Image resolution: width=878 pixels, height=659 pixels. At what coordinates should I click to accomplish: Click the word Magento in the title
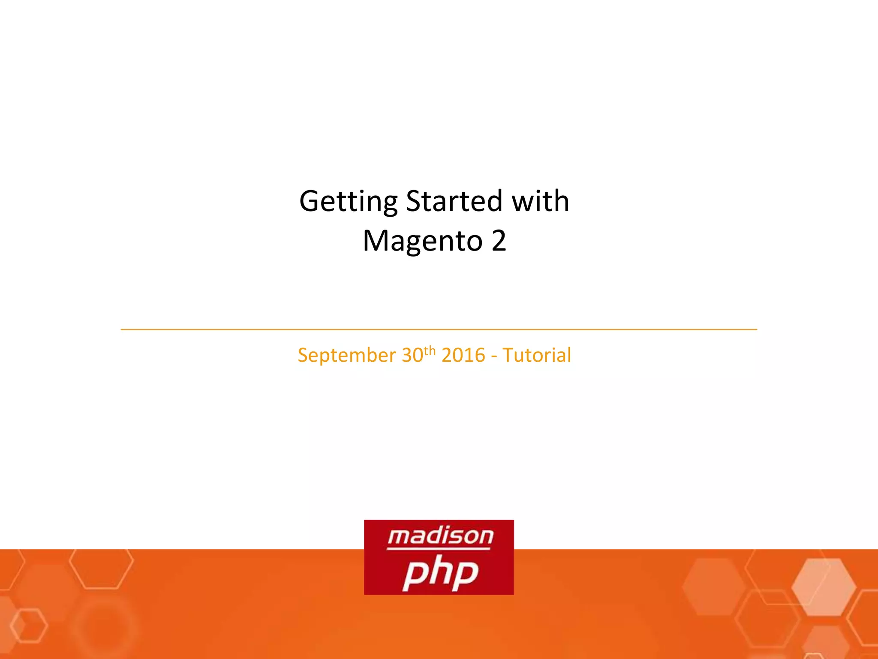(x=422, y=241)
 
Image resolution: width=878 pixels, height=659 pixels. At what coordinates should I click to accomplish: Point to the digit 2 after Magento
(x=499, y=241)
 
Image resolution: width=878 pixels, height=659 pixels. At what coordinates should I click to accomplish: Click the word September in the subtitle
(x=347, y=356)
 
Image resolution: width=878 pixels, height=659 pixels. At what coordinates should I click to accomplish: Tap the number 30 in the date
(x=412, y=355)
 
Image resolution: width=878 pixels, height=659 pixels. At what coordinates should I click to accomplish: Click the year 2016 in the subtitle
(x=463, y=355)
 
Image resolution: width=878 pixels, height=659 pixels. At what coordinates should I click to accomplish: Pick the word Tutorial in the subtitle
(x=537, y=355)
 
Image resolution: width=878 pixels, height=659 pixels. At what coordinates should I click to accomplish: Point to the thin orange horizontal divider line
(x=439, y=329)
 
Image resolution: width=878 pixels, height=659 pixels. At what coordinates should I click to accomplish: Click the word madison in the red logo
(x=440, y=536)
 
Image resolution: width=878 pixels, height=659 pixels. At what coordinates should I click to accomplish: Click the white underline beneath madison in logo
(x=439, y=548)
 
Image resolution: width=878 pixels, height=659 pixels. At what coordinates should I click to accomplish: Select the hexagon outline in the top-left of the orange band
(x=101, y=568)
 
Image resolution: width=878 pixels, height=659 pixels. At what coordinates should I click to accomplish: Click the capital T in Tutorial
(x=509, y=355)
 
